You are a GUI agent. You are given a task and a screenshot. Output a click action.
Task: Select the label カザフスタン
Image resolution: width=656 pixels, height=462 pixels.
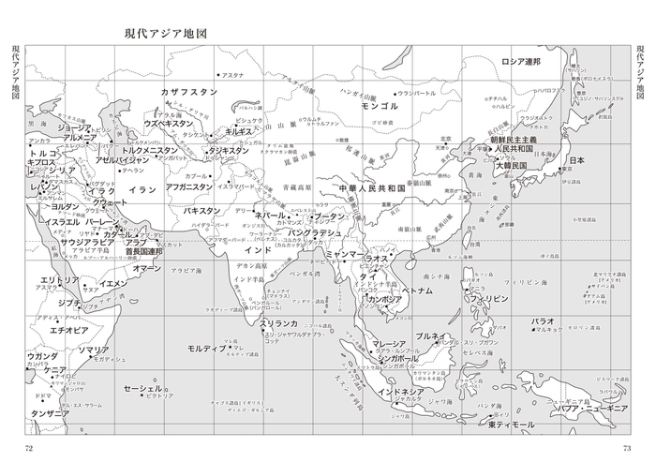pyautogui.click(x=188, y=93)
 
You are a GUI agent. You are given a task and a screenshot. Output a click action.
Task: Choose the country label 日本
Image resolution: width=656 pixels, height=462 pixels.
pyautogui.click(x=576, y=160)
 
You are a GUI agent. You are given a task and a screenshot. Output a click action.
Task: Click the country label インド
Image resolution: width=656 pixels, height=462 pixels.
pyautogui.click(x=258, y=251)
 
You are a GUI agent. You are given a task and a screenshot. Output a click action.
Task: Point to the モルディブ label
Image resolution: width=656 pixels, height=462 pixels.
pyautogui.click(x=208, y=349)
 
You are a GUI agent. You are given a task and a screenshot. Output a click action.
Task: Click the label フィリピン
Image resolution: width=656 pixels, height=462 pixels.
pyautogui.click(x=489, y=298)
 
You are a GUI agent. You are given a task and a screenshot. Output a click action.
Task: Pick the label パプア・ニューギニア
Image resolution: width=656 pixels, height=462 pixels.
pyautogui.click(x=587, y=410)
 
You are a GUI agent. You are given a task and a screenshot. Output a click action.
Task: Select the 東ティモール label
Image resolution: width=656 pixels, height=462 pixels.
pyautogui.click(x=511, y=425)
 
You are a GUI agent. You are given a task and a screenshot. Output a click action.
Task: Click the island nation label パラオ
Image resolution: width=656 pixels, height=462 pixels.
pyautogui.click(x=543, y=321)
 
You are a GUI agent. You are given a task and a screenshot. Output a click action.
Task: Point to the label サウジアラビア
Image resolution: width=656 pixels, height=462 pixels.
pyautogui.click(x=87, y=242)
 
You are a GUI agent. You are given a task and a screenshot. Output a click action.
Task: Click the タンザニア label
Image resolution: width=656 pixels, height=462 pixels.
pyautogui.click(x=50, y=412)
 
